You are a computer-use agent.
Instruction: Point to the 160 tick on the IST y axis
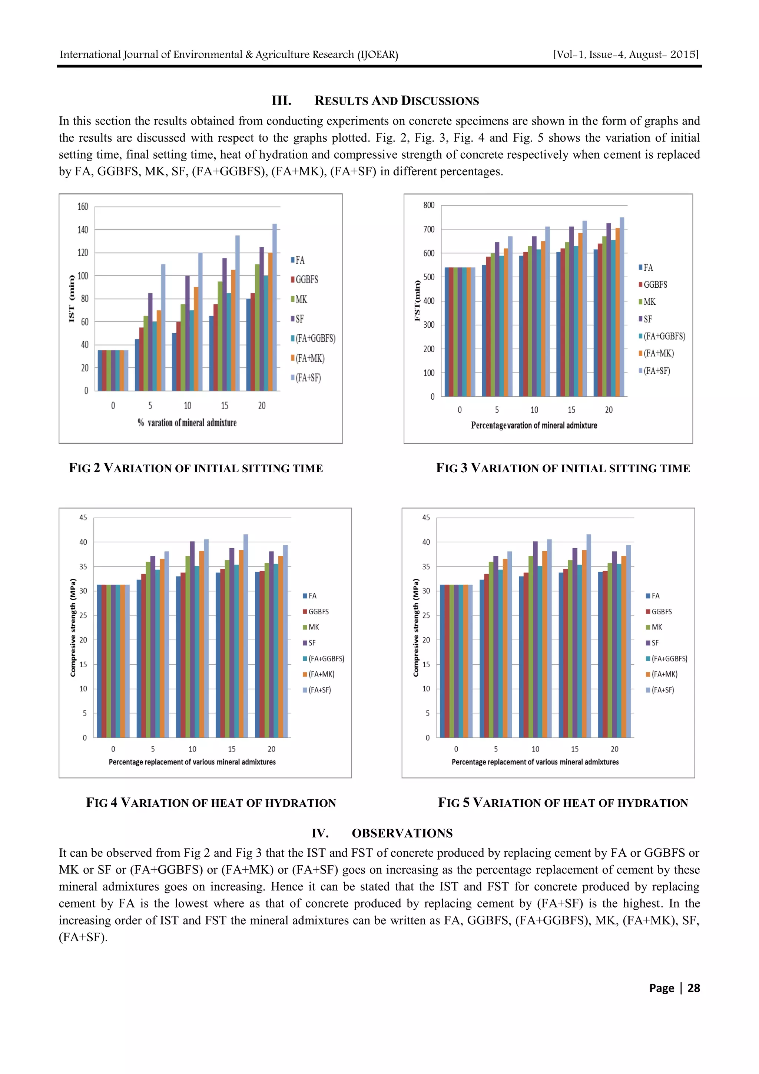coord(83,207)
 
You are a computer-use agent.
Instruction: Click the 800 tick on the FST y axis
coord(429,205)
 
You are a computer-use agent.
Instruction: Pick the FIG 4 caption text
coord(211,803)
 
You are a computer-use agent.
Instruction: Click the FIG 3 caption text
coord(563,468)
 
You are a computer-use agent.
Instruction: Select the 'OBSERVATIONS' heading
coord(402,833)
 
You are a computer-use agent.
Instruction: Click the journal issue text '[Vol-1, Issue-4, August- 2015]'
coord(626,55)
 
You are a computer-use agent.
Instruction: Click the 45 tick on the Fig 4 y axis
coord(83,518)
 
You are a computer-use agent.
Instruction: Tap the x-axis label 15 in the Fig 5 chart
coord(575,749)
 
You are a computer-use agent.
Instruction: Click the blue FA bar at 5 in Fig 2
coord(137,365)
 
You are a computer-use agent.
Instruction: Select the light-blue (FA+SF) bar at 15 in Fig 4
coord(245,636)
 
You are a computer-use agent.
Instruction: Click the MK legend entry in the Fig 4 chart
coord(313,627)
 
